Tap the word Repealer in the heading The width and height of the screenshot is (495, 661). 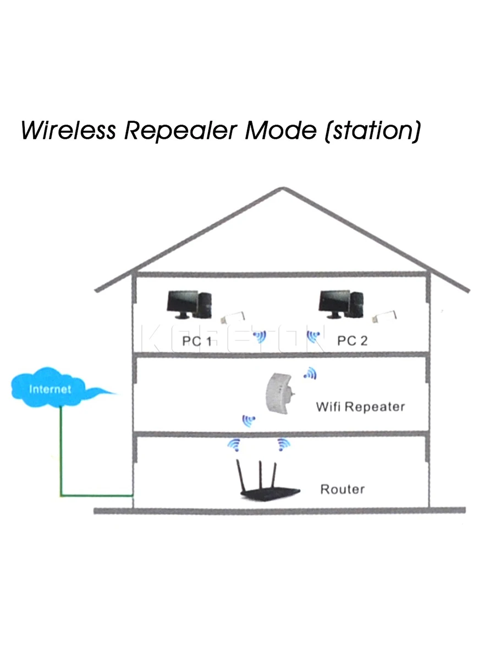tap(181, 131)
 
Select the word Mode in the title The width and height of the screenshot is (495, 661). tap(280, 131)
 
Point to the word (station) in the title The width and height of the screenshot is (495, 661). tap(373, 131)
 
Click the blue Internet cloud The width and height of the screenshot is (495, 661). tap(57, 388)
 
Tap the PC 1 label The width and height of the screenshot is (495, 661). tap(196, 341)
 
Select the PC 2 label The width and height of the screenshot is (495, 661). tap(352, 340)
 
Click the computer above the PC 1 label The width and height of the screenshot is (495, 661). tap(189, 305)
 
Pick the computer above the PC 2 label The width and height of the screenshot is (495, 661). tap(341, 305)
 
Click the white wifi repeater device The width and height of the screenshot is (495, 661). tap(279, 393)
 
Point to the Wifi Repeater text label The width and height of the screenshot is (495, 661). tap(360, 407)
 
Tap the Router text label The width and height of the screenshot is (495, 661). tap(342, 489)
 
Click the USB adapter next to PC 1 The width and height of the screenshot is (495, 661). tap(232, 318)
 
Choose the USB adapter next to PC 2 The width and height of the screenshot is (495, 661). tap(384, 317)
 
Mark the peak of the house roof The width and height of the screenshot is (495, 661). tap(283, 188)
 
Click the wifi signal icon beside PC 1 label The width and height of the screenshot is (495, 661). tap(260, 337)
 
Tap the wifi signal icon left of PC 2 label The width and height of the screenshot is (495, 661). tap(313, 337)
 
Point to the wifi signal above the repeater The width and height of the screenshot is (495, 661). tap(310, 373)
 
